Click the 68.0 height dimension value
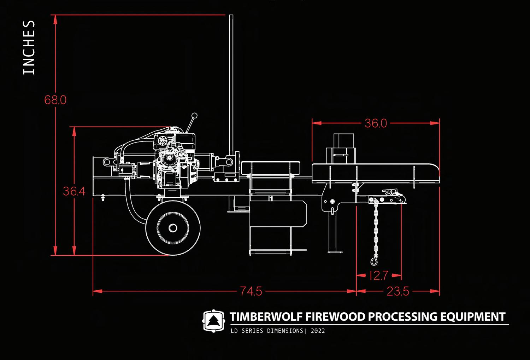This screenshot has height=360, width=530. [x=55, y=100]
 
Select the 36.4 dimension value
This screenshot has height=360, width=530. [x=74, y=191]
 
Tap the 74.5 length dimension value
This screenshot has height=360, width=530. [x=251, y=291]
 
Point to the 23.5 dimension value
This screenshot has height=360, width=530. [x=398, y=291]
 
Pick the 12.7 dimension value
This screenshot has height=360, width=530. [x=379, y=275]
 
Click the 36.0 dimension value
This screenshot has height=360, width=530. [x=376, y=123]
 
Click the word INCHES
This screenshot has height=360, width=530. [x=29, y=47]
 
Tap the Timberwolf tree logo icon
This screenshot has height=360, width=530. [x=213, y=321]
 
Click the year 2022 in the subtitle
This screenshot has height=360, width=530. [x=318, y=331]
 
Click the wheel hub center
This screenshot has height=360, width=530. [x=172, y=228]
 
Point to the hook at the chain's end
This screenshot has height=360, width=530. [x=374, y=261]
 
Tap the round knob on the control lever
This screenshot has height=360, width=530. [x=194, y=115]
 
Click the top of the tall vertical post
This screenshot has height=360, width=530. [x=231, y=17]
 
